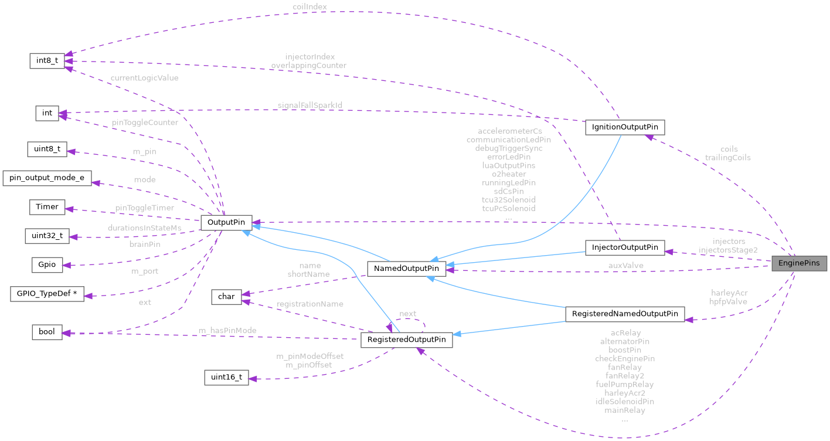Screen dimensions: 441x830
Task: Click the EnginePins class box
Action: tap(799, 263)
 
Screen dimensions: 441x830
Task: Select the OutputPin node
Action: tap(226, 223)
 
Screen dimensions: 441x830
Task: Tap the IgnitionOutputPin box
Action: tap(625, 127)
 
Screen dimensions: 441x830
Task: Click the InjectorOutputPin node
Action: tap(625, 247)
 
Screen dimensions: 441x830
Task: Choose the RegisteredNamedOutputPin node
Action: tap(624, 314)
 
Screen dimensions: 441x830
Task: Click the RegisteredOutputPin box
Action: tap(406, 340)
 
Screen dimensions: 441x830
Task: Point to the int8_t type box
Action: tap(47, 60)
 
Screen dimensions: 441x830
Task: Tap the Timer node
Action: tap(47, 207)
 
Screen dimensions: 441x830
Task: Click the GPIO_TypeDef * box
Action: tap(47, 294)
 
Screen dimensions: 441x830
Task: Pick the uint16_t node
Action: tap(226, 377)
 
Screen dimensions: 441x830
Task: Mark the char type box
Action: tap(226, 297)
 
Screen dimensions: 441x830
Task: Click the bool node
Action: tap(47, 332)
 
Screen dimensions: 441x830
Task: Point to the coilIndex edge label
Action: tap(309, 6)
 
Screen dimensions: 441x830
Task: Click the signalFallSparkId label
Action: tap(310, 105)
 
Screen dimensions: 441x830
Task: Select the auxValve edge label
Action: tap(625, 265)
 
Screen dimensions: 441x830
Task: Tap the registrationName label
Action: tap(310, 304)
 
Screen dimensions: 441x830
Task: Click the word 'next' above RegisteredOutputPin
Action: tap(408, 314)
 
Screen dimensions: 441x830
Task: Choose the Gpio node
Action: tap(47, 264)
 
